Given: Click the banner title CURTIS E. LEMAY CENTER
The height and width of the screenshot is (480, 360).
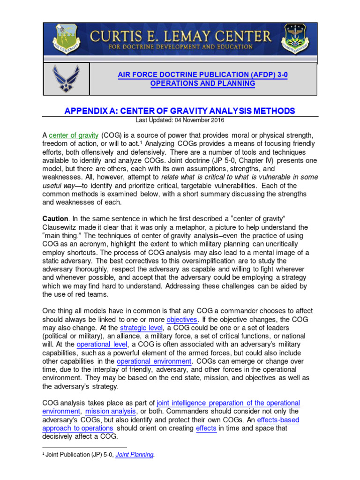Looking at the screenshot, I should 180,36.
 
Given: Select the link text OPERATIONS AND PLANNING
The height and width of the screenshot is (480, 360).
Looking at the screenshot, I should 202,83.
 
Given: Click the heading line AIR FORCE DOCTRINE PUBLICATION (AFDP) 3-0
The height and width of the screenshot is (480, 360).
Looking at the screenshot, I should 202,74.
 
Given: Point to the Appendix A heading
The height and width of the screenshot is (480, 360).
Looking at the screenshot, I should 180,111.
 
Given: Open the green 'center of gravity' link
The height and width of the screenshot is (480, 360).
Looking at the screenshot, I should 74,135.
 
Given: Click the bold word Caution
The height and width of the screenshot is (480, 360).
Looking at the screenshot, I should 55,218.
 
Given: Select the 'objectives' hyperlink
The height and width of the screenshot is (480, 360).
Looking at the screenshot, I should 182,320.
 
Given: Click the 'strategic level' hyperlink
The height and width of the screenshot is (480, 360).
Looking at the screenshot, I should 141,328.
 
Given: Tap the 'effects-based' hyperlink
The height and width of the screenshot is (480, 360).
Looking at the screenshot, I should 278,420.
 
